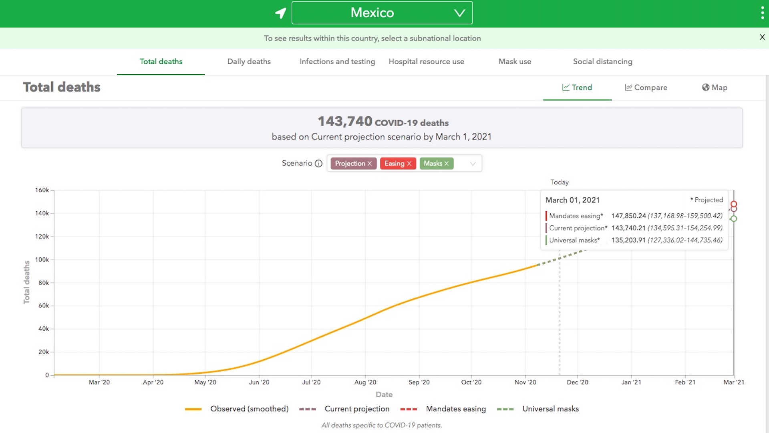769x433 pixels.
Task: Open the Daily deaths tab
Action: point(249,61)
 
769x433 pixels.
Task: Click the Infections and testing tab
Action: point(337,61)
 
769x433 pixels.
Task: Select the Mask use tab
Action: point(515,61)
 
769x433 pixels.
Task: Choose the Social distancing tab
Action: point(602,61)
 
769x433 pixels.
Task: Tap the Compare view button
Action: point(646,87)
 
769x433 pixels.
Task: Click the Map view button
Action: point(715,87)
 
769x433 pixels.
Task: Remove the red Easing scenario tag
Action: point(409,164)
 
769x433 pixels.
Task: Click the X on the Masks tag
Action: point(447,164)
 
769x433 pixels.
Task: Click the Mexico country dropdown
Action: point(382,13)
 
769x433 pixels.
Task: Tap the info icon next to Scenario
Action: point(318,164)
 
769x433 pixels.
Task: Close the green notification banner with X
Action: point(762,37)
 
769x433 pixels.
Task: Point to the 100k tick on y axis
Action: point(42,260)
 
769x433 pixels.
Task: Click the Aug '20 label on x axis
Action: point(365,382)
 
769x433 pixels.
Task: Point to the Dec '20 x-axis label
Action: point(577,382)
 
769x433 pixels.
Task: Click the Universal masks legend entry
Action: point(550,409)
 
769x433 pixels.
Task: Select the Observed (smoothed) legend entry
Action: point(249,409)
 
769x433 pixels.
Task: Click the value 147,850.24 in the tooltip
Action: point(628,216)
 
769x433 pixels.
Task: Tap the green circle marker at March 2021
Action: point(733,219)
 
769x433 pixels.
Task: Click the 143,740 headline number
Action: point(345,121)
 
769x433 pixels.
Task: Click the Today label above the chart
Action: point(559,182)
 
